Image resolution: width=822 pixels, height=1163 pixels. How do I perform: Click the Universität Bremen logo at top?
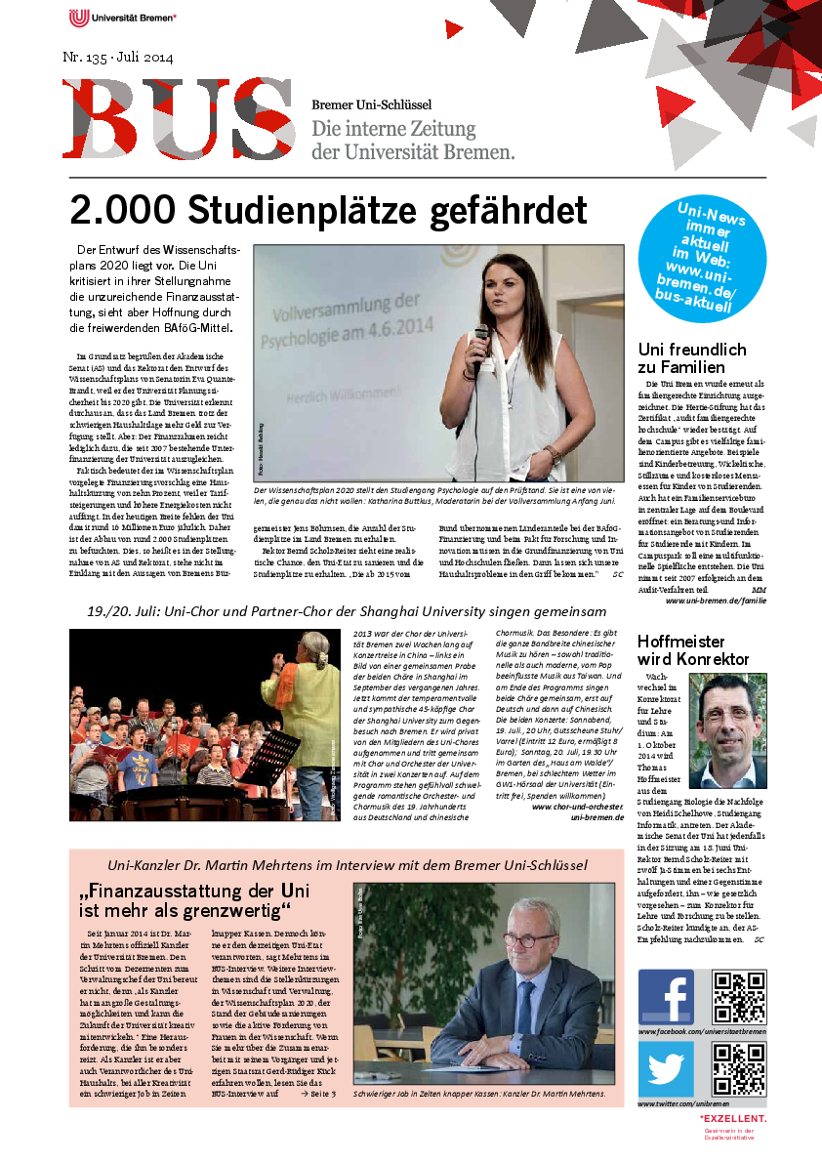122,17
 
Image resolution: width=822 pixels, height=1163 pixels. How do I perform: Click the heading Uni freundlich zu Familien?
692,358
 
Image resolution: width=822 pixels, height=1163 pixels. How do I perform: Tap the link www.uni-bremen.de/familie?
716,601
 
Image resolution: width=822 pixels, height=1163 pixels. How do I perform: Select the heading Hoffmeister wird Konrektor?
693,650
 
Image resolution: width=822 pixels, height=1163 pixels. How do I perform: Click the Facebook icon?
666,997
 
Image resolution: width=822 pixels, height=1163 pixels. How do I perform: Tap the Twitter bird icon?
666,1070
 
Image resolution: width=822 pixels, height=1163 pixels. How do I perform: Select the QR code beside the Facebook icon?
739,997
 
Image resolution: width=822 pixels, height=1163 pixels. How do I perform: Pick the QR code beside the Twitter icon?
739,1070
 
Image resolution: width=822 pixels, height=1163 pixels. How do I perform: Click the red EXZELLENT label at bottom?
733,1118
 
